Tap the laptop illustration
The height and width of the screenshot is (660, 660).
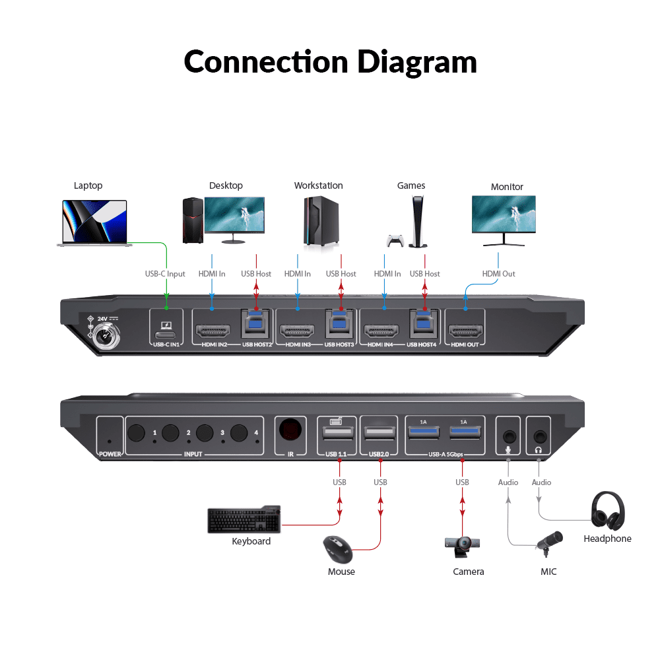click(x=94, y=222)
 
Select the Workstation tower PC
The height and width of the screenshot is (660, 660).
click(x=321, y=221)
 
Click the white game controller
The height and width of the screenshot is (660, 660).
click(x=395, y=240)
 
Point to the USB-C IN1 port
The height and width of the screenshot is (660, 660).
click(x=166, y=335)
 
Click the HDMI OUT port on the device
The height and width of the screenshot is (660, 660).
click(x=465, y=331)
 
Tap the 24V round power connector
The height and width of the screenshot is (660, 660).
click(x=106, y=336)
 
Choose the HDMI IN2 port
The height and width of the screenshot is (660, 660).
click(x=213, y=331)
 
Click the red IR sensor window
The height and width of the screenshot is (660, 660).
click(x=290, y=430)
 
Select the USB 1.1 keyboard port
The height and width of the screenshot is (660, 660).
click(x=337, y=433)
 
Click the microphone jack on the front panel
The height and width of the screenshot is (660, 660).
click(x=510, y=436)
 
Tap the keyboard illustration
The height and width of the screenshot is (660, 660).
click(x=244, y=519)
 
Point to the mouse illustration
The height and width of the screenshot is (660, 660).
click(x=338, y=549)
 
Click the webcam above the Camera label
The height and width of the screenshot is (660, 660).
click(x=462, y=546)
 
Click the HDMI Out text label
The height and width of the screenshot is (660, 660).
click(x=498, y=274)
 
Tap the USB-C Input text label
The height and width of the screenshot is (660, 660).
click(x=165, y=274)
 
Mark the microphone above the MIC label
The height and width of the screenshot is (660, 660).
click(x=549, y=543)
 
